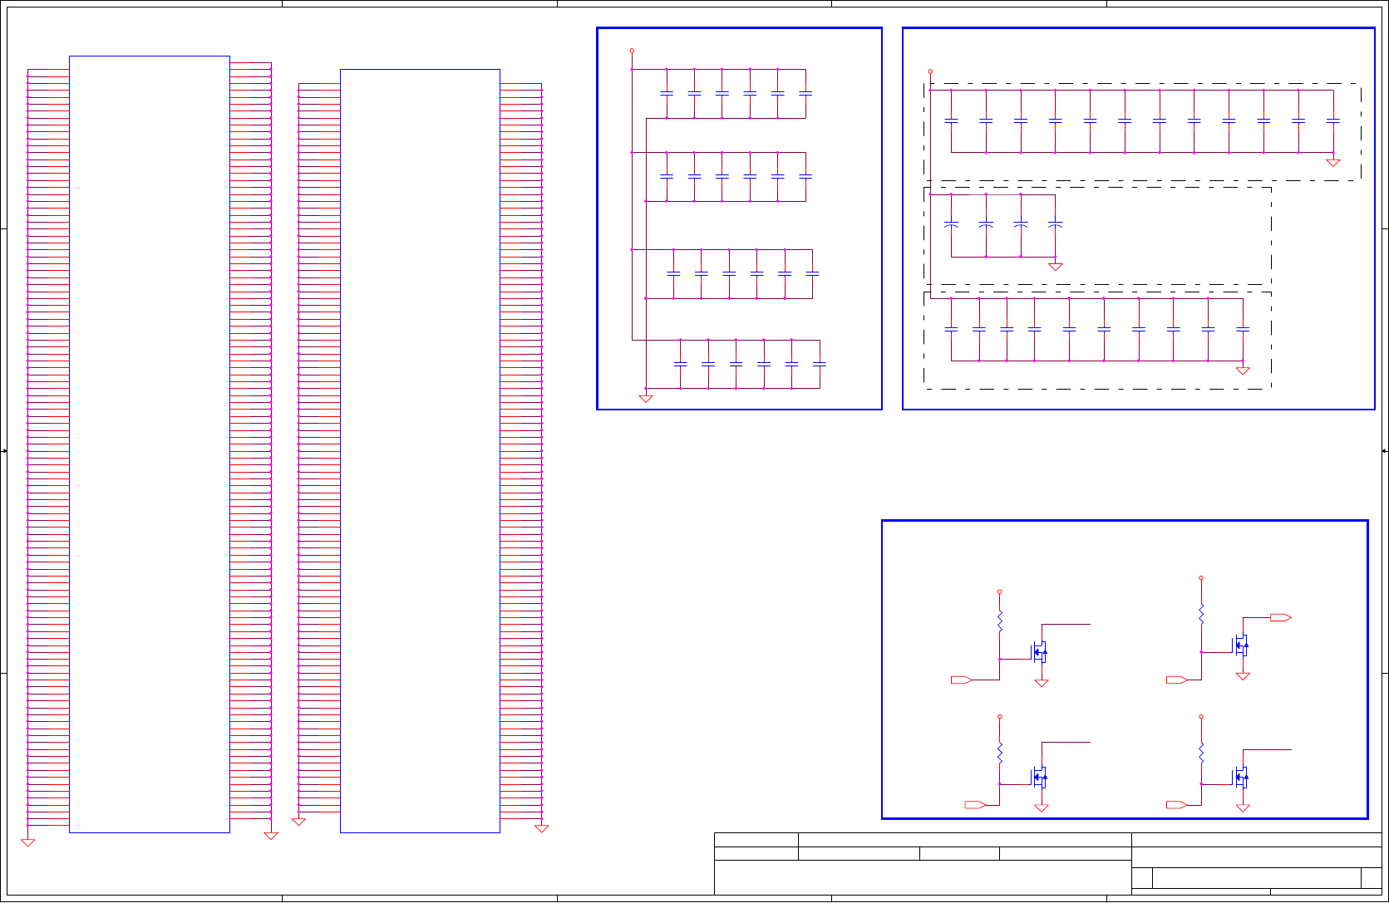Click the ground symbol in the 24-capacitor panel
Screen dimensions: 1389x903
click(646, 398)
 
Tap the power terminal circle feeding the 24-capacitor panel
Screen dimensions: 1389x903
click(632, 51)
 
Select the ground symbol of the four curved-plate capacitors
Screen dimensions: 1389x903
click(1055, 267)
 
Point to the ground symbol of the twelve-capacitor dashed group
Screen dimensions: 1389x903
click(1332, 162)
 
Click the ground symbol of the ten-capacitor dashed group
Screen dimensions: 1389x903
click(1243, 371)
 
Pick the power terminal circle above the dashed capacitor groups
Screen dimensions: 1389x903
click(930, 71)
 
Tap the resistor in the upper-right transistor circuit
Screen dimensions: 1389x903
click(1201, 614)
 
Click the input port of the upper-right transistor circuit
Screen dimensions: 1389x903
click(1176, 680)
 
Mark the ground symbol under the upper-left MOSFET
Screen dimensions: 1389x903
click(1041, 683)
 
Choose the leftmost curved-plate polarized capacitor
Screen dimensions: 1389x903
click(952, 224)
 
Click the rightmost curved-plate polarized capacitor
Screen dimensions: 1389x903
click(1055, 224)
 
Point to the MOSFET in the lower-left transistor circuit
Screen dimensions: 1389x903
click(1039, 778)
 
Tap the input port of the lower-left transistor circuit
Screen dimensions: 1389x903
click(975, 804)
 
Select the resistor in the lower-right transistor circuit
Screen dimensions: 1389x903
click(1201, 753)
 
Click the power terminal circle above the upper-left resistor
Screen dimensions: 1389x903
click(999, 592)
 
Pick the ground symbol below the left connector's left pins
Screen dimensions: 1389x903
click(27, 842)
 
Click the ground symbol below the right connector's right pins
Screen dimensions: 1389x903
click(541, 828)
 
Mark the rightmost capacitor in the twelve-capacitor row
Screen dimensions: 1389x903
click(1332, 121)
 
